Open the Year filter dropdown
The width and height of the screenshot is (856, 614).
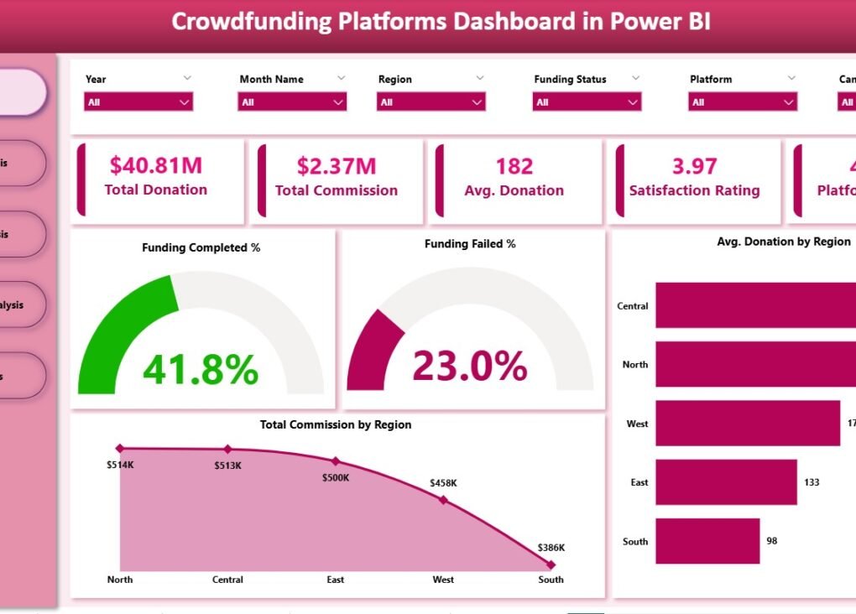coord(138,102)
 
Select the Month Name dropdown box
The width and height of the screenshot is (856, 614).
coord(292,102)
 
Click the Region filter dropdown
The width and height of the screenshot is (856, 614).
coord(431,102)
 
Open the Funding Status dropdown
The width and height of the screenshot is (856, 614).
coord(587,102)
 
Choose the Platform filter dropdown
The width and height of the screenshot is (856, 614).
coord(743,102)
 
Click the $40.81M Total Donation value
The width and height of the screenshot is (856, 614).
coord(156,165)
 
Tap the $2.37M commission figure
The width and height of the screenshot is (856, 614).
coord(337,166)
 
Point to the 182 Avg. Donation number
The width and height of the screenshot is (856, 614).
coord(514,166)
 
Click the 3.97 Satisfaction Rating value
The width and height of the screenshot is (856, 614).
coord(694,166)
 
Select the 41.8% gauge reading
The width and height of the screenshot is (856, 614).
coord(201,369)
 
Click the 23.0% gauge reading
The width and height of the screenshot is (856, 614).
coord(470,366)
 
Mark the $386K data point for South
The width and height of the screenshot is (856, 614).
coord(551,565)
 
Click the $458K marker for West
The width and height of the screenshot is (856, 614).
coord(443,500)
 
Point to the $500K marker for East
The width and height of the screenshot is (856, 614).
coord(336,461)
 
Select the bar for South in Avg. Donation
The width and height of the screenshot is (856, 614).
coord(707,541)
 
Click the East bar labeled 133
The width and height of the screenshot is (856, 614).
coord(726,482)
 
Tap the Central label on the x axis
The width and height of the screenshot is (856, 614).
coord(227,580)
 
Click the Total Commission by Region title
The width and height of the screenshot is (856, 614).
coord(336,424)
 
